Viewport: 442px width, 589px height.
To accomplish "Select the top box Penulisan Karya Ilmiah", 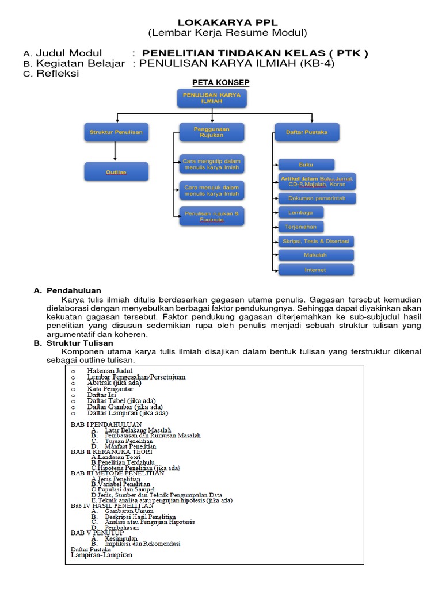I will click(212, 97).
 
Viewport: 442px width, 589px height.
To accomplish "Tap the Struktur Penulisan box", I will click(116, 132).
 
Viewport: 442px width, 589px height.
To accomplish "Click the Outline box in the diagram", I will click(116, 172).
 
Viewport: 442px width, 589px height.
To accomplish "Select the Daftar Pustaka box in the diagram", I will click(307, 132).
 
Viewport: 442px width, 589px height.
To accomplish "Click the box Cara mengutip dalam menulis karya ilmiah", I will click(211, 163).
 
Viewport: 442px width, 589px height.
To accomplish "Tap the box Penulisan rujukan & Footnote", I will click(211, 216).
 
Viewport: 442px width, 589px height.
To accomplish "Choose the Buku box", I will click(306, 165).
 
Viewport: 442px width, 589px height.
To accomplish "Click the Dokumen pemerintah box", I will click(317, 198).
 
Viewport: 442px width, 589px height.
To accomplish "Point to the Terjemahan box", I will click(301, 227).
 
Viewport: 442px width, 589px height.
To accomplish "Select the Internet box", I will click(315, 270).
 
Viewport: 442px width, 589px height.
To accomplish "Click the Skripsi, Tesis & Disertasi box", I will click(316, 241).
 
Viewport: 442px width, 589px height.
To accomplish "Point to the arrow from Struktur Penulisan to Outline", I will click(116, 151).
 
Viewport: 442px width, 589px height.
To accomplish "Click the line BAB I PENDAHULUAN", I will click(106, 424).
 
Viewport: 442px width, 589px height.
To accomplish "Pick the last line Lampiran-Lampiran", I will click(101, 555).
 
